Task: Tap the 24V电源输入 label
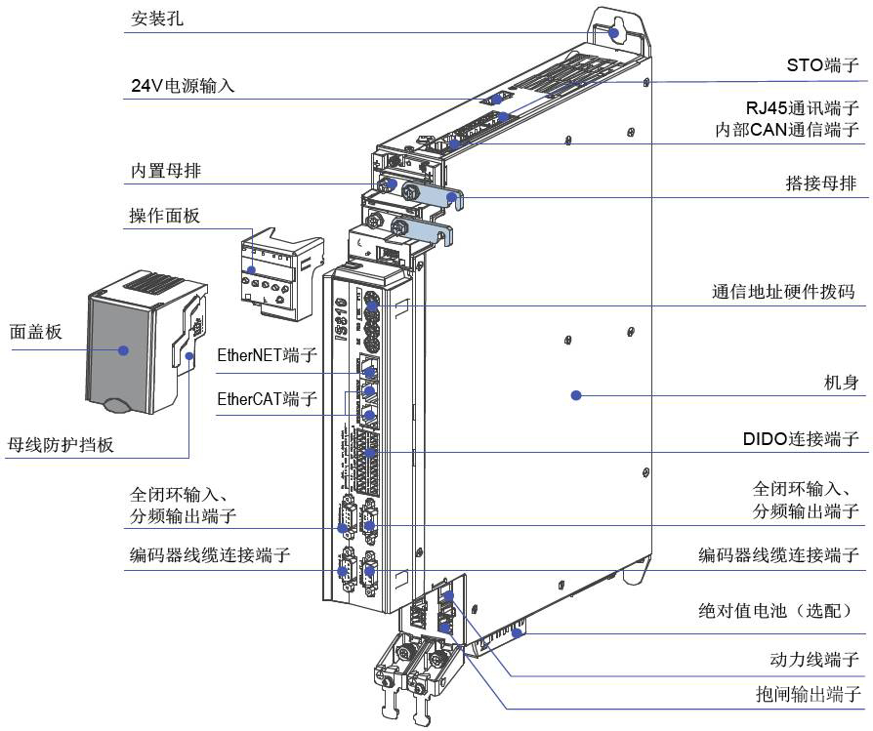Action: pyautogui.click(x=183, y=85)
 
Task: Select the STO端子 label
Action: pyautogui.click(x=822, y=66)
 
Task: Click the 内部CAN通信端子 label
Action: pyautogui.click(x=786, y=129)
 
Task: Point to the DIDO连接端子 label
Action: pyautogui.click(x=801, y=438)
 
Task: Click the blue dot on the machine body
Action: pyautogui.click(x=576, y=395)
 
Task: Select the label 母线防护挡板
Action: pyautogui.click(x=61, y=445)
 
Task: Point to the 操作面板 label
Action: pyautogui.click(x=164, y=216)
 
